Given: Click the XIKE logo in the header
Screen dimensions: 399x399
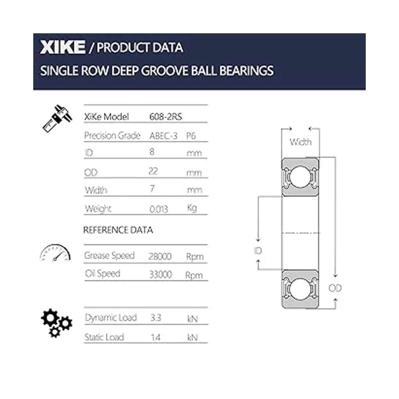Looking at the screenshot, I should [x=63, y=47].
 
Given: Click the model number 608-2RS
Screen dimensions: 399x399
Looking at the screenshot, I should [x=166, y=117].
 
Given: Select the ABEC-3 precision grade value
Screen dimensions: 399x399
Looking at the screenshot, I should [x=163, y=136].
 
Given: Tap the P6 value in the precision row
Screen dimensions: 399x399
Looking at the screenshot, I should [x=191, y=136].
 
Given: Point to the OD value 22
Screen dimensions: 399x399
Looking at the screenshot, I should [x=153, y=171].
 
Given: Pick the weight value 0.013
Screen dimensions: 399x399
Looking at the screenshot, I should [x=159, y=209].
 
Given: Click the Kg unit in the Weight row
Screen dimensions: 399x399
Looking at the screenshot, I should [x=192, y=208].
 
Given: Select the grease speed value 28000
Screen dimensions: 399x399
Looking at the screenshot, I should [x=160, y=256].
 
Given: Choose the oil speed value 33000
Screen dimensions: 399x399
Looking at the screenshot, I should [x=161, y=274].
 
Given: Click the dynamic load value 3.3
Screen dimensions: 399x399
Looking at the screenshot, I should [x=156, y=318].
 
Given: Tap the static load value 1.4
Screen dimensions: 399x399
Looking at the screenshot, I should [x=155, y=337].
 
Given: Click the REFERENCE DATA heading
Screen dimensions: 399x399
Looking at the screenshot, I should [x=118, y=230].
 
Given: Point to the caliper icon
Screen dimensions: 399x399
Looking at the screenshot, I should [x=57, y=118].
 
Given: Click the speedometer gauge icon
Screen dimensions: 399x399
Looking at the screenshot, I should [x=55, y=253].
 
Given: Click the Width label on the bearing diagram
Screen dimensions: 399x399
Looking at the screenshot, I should [x=301, y=142].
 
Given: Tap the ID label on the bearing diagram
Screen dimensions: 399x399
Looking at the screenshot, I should [x=258, y=251].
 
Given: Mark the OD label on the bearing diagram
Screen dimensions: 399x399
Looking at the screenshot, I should [x=335, y=288].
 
